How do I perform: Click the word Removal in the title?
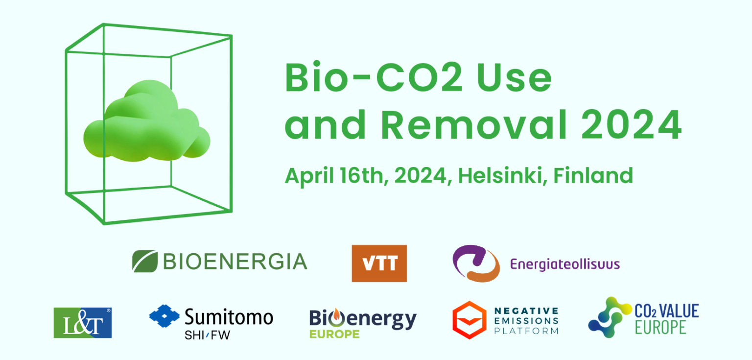pos(474,124)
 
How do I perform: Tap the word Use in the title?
pos(515,77)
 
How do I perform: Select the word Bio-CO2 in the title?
pos(374,77)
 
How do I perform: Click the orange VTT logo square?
pos(379,264)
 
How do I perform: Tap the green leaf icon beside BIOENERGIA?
pos(145,261)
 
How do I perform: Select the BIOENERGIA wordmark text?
pos(235,262)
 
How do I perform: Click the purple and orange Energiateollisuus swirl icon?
pos(476,264)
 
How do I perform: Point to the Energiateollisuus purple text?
pos(565,264)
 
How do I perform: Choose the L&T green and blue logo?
pos(83,323)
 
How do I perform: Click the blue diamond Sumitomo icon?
pos(164,315)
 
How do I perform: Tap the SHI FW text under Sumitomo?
pos(207,335)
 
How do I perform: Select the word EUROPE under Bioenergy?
pos(334,334)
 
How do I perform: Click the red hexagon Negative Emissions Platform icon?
pos(470,320)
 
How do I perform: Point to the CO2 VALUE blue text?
pos(666,311)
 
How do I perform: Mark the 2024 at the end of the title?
pos(631,124)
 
